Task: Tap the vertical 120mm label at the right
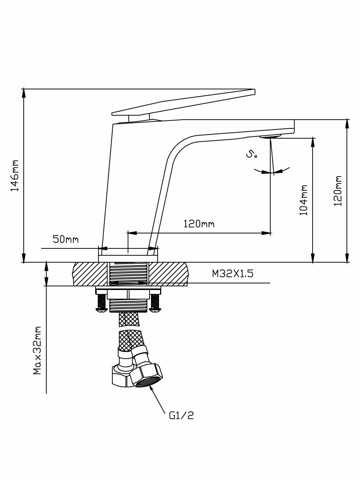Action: coord(338,191)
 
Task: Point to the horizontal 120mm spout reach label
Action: coord(199,223)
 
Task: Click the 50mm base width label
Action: coord(66,239)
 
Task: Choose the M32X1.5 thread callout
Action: coord(237,274)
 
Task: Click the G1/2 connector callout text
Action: coord(181,415)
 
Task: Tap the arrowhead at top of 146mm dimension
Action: coord(24,93)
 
